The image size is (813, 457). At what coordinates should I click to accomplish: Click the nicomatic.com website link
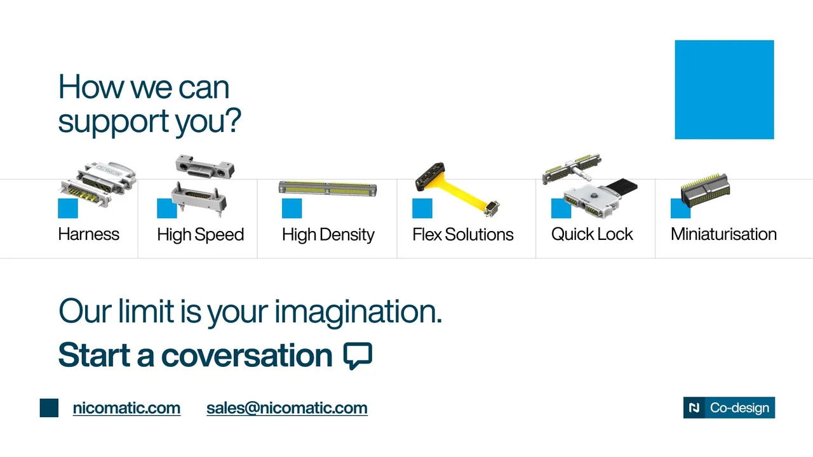tap(126, 408)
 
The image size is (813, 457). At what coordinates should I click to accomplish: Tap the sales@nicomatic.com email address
tap(287, 408)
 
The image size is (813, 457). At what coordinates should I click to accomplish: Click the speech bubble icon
tap(358, 355)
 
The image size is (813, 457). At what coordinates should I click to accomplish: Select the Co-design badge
tap(729, 407)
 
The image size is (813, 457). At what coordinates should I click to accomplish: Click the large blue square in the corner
tap(725, 89)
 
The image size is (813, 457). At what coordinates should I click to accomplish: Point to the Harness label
tap(88, 234)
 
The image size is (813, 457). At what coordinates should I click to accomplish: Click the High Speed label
tap(200, 235)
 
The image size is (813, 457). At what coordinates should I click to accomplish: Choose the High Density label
tap(328, 235)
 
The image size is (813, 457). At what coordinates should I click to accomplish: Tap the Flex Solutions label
tap(463, 234)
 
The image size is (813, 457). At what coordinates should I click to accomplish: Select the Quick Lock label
tap(592, 234)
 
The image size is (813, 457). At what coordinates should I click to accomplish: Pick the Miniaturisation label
tap(723, 234)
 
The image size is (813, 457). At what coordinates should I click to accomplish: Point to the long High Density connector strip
tap(328, 189)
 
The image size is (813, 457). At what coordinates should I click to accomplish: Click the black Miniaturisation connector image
tap(705, 191)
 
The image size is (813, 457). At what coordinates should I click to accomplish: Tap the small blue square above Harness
tap(68, 208)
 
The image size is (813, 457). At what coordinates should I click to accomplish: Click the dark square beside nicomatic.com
tap(49, 407)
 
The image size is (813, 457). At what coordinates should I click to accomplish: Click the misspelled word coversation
tap(246, 355)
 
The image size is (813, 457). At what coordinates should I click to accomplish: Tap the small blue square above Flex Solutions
tap(422, 208)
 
